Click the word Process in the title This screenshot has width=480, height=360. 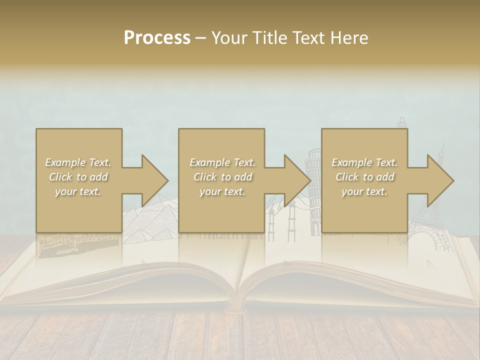point(157,38)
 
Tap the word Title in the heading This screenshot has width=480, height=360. point(270,38)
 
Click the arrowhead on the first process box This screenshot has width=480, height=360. point(154,180)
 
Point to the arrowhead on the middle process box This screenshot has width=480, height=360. point(297,180)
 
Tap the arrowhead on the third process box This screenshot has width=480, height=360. point(440,180)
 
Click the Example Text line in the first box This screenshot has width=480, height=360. point(78,162)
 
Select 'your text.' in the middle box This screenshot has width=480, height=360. point(222,191)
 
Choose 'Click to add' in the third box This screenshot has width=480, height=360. point(364,177)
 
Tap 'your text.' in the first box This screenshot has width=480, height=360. point(78,191)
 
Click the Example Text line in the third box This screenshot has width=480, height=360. point(364,162)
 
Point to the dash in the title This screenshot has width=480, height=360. point(201,38)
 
